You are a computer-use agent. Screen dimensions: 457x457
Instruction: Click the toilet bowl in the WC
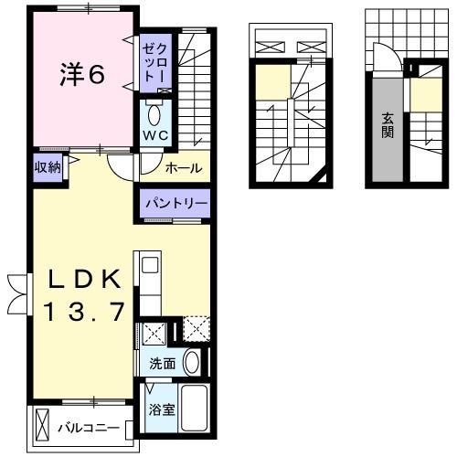tap(153, 113)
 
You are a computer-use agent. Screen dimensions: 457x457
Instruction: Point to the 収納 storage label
tap(48, 167)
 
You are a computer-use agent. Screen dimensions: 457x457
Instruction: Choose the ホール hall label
tap(184, 167)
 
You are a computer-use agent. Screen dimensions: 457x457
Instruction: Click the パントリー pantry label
tap(175, 204)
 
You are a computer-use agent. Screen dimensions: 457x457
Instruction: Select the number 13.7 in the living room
tap(82, 314)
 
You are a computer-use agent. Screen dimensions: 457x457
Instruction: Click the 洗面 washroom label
tap(163, 363)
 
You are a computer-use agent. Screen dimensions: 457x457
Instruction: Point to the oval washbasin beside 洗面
tap(191, 362)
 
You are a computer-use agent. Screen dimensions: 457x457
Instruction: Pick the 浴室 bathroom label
tap(162, 409)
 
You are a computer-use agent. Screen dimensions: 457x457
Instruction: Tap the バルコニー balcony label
tap(90, 427)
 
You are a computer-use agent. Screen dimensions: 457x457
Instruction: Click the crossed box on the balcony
tap(42, 424)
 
